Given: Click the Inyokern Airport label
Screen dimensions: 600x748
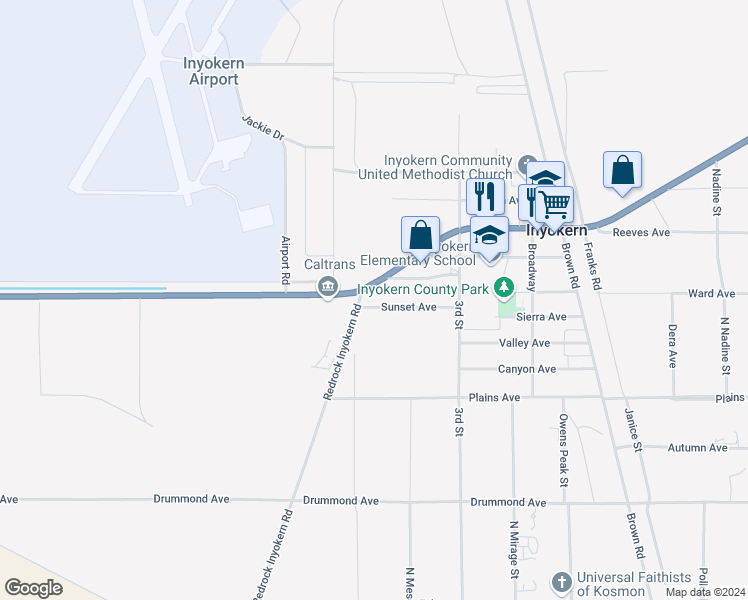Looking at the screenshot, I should pos(213,71).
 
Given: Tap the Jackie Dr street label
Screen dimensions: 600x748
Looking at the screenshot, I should pos(263,128).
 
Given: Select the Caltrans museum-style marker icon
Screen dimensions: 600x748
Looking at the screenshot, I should pos(327,288).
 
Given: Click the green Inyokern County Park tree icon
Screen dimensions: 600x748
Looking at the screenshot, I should pos(506,288).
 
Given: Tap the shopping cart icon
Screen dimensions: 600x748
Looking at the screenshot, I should pos(554,205).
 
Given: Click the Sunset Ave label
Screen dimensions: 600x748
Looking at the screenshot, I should pos(408,307).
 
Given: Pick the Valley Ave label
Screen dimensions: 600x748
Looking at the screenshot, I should pos(524,343).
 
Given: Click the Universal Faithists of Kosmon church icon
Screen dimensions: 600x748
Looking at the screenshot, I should pos(562,582).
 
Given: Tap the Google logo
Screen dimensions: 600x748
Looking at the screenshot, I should pos(34,587).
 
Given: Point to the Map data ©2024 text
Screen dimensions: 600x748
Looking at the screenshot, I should pos(704,592).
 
